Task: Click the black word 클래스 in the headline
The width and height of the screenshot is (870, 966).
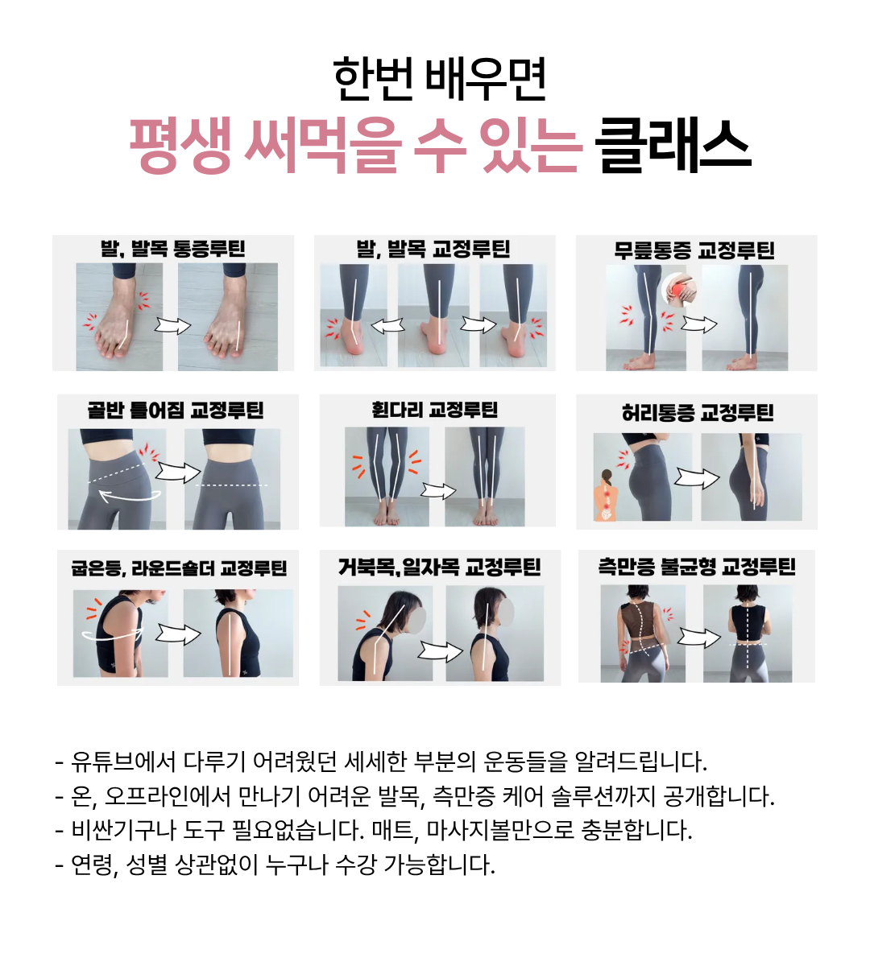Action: point(673,146)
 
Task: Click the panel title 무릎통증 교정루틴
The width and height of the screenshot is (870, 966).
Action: point(694,250)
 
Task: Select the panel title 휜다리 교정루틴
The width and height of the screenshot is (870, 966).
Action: point(435,410)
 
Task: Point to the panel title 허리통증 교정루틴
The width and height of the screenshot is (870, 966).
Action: point(698,413)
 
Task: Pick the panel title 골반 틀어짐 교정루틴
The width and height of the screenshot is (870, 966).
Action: point(176,411)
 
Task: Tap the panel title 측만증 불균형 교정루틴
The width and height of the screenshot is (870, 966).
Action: point(697,567)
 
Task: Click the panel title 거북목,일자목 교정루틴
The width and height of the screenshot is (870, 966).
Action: point(439,568)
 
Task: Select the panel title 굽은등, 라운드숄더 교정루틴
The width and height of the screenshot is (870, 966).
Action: point(179,568)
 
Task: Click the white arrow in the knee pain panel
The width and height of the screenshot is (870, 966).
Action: point(699,324)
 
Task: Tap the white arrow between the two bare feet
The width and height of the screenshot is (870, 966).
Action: point(172,327)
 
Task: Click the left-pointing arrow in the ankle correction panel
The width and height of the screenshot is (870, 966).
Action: point(387,326)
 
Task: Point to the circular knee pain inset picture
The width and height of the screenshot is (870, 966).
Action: point(679,290)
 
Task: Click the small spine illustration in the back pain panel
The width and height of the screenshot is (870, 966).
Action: point(607,496)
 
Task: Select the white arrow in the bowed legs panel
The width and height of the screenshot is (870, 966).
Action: point(438,491)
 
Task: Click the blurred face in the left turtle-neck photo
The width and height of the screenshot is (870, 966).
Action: point(417,621)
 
